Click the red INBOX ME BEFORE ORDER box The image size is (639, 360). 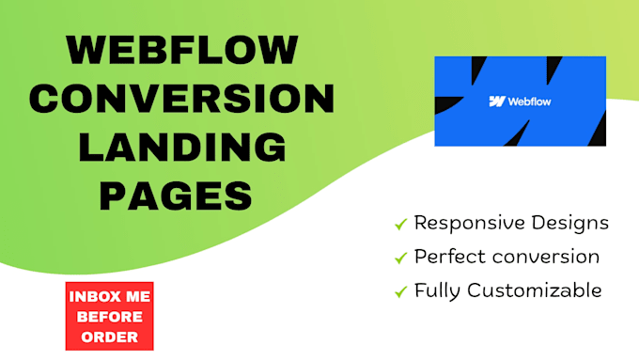[x=110, y=316]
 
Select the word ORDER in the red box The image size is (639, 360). [x=110, y=336]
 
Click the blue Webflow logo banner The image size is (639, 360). [x=520, y=101]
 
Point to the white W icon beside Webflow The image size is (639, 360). [x=497, y=102]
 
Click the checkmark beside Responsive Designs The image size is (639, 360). [x=400, y=225]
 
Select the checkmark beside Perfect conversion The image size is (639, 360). [x=400, y=258]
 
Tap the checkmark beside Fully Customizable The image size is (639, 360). [x=400, y=291]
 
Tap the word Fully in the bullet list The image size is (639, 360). [x=437, y=291]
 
